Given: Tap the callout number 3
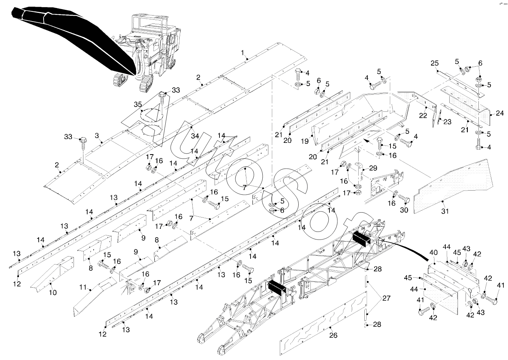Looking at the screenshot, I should coord(97,135).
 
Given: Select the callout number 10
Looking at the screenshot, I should coord(53,293).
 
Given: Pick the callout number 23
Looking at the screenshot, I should coord(448,122).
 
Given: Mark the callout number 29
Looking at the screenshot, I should coord(373,167).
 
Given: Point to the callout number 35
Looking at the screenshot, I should coord(138,104).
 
